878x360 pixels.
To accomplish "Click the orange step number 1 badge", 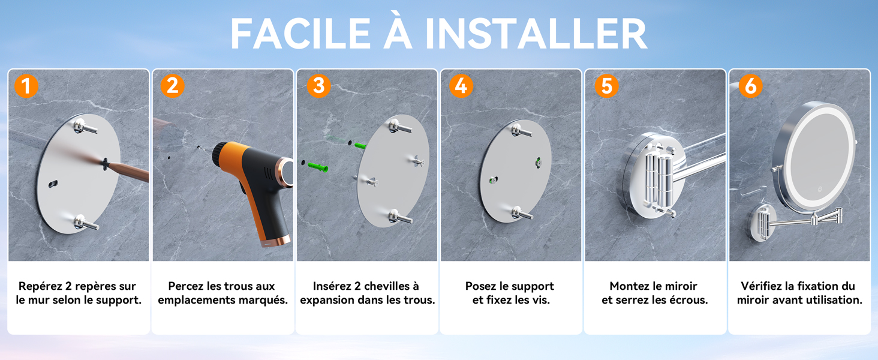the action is [x=26, y=86].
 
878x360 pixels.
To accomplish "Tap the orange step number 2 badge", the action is [x=173, y=85].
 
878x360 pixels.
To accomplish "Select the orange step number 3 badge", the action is [x=318, y=85].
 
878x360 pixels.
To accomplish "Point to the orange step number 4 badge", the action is [x=461, y=86].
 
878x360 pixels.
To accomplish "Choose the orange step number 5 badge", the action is [x=607, y=86].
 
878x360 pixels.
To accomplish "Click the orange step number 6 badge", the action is [x=751, y=86].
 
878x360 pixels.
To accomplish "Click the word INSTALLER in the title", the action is [x=536, y=34].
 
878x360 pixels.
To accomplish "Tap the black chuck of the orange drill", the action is [x=220, y=154].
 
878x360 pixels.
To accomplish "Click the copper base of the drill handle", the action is [x=276, y=241].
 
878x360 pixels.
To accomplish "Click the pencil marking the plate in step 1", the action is [x=126, y=170].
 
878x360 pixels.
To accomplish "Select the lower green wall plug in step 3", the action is [x=317, y=167].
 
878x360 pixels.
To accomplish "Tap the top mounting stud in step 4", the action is [x=521, y=131].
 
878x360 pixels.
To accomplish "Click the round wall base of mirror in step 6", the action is [x=762, y=223].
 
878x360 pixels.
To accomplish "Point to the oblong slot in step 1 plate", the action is [x=53, y=184].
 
